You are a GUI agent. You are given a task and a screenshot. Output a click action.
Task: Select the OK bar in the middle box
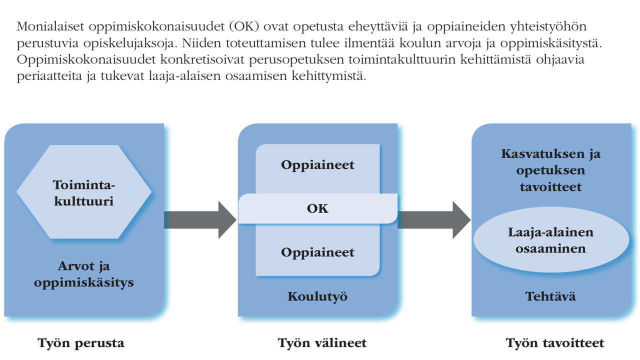318,208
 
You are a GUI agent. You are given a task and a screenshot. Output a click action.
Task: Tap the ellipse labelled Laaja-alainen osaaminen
550,240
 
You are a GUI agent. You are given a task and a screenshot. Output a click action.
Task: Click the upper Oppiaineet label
317,164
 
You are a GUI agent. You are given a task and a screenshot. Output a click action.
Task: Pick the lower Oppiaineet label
317,252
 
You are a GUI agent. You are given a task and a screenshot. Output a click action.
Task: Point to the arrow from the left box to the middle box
200,220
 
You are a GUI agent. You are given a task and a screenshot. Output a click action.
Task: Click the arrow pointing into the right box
434,220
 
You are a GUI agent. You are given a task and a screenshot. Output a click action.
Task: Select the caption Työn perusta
81,343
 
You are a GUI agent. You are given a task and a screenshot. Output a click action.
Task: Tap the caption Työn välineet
322,343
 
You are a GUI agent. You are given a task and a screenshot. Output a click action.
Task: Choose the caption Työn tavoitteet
555,343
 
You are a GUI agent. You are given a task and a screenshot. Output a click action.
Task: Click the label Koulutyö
317,296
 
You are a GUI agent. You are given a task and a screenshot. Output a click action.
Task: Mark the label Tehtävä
550,296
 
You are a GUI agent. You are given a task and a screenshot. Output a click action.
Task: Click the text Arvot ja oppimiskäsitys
84,274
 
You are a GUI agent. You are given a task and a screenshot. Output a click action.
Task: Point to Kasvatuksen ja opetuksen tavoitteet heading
550,170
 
